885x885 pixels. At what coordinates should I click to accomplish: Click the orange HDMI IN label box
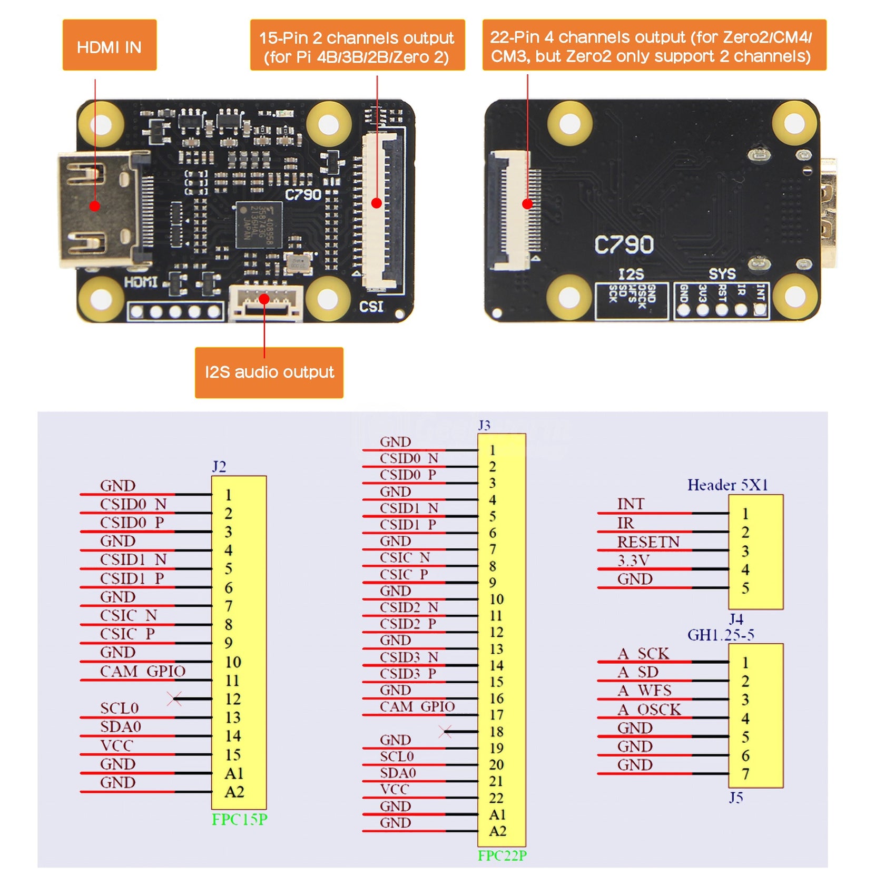(110, 45)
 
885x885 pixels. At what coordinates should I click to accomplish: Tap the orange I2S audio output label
(269, 372)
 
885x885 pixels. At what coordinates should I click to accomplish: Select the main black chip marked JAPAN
(258, 224)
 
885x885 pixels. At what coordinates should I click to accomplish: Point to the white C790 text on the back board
(624, 245)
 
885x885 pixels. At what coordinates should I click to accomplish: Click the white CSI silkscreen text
(371, 307)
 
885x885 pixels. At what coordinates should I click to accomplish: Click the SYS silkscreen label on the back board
(722, 274)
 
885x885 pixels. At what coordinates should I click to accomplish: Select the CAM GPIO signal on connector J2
(142, 672)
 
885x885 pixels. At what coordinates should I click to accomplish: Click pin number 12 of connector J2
(233, 699)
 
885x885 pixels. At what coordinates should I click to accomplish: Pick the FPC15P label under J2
(240, 820)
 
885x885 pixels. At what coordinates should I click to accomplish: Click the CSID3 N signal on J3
(409, 657)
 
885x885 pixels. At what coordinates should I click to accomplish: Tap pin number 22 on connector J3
(496, 798)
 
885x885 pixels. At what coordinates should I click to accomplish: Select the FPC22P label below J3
(502, 856)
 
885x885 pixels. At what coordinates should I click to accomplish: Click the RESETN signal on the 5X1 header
(648, 542)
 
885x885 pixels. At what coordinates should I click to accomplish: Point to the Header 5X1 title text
(727, 485)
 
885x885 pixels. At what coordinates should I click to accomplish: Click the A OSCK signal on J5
(649, 710)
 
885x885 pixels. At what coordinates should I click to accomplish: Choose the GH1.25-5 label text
(721, 635)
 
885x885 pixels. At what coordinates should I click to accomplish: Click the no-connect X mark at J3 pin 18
(446, 731)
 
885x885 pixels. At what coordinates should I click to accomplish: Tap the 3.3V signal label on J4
(633, 560)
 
